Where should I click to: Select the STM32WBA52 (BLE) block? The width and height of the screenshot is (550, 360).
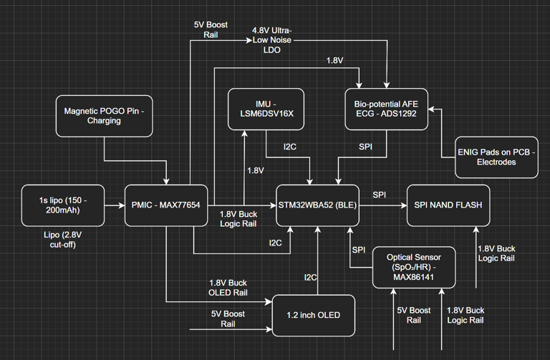pos(317,205)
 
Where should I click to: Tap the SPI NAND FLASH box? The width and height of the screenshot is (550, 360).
pos(448,205)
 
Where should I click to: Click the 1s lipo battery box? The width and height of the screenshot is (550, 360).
pos(63,205)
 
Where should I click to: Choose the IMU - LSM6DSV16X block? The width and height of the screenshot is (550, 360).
pos(266,109)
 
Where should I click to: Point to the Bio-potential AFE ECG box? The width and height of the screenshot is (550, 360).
pos(387,109)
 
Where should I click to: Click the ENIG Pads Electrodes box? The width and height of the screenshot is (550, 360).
pos(497,157)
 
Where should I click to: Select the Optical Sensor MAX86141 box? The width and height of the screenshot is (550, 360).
pos(413,268)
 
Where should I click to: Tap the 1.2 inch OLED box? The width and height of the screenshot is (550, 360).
pos(314,315)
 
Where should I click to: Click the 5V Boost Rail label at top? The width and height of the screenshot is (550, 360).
pos(211,29)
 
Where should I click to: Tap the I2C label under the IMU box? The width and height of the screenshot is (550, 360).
pos(289,147)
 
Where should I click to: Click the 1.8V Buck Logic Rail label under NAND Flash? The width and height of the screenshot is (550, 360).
pos(496,253)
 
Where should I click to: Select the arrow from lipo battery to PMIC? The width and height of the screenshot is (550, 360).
pos(115,205)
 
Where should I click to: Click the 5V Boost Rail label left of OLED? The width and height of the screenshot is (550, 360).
pos(228,318)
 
